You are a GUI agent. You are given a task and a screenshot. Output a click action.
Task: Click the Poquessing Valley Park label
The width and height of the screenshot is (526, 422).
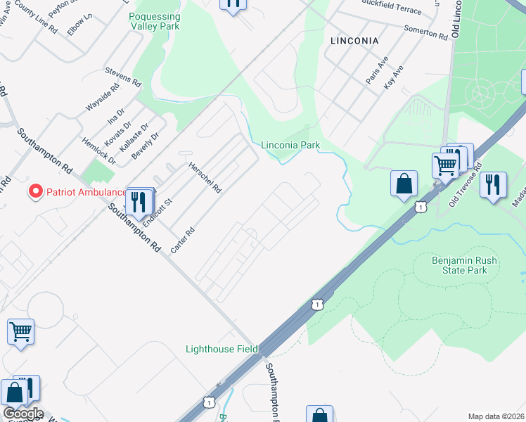click(155, 21)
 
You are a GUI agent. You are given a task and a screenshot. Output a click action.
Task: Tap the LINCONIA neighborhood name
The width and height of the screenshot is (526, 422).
click(354, 41)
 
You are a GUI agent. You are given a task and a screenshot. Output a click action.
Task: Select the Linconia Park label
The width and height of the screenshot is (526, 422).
click(290, 146)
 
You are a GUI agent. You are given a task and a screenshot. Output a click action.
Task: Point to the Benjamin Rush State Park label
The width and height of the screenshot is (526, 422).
click(464, 265)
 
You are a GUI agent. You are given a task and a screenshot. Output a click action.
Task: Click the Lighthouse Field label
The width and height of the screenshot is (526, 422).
click(222, 349)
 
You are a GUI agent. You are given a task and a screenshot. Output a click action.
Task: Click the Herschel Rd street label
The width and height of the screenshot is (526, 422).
click(205, 178)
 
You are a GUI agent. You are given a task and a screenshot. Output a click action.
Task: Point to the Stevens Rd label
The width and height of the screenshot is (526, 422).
click(123, 76)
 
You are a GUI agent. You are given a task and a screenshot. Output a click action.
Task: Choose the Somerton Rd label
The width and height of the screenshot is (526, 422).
click(425, 32)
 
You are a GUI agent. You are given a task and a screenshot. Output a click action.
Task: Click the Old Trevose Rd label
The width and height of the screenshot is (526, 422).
click(466, 181)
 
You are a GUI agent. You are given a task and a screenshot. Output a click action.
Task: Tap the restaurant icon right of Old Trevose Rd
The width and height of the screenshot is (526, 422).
click(493, 185)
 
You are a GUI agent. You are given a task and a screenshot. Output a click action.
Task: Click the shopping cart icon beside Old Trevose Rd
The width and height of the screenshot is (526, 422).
click(444, 167)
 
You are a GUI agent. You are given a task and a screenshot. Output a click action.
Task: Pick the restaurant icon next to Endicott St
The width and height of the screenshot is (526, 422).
click(139, 200)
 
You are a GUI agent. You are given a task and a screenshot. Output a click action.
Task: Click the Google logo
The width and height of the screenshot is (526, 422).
click(23, 414)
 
